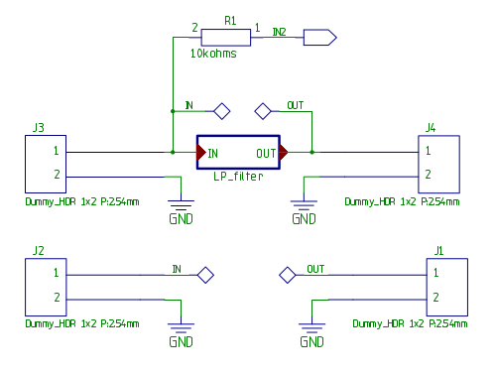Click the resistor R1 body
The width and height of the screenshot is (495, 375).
229,38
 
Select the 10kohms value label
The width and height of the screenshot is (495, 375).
213,55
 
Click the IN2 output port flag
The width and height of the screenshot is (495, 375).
319,38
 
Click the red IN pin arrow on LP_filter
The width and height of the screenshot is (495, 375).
200,153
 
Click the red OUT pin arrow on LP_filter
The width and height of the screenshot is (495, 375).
284,153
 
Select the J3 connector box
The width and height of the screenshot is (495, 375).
44,164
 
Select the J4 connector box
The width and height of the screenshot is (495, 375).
441,164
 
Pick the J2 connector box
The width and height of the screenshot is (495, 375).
44,286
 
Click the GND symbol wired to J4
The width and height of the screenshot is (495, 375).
302,208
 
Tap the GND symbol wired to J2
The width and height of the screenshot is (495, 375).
181,331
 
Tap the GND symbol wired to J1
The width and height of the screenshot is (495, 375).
311,331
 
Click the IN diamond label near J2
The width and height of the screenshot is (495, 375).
205,274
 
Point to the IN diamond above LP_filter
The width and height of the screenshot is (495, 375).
222,110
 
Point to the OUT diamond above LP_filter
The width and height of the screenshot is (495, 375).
263,110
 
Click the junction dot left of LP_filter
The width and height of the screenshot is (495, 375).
175,153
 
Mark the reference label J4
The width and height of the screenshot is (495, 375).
430,127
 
